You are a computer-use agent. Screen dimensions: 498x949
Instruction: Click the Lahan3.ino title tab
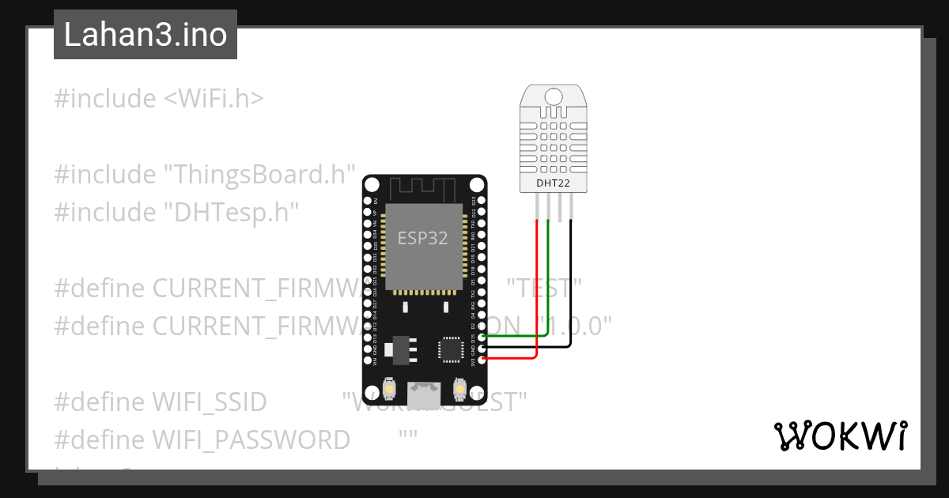(x=146, y=35)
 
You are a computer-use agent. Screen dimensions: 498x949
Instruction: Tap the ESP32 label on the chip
(x=422, y=239)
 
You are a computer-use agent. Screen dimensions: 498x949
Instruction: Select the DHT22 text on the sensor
(x=553, y=183)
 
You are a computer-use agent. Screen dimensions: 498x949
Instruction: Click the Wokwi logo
(x=840, y=436)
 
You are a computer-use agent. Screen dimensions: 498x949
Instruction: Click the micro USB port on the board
(x=424, y=390)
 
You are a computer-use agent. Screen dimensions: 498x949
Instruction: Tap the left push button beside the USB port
(x=389, y=389)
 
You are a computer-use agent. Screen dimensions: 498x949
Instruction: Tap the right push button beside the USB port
(x=459, y=389)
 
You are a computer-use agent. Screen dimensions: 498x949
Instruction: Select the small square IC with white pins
(x=450, y=348)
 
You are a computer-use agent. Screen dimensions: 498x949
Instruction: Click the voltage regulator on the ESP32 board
(x=399, y=348)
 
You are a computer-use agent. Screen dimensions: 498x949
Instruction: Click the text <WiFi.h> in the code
(x=214, y=99)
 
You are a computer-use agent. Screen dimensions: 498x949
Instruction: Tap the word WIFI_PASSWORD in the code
(x=251, y=440)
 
